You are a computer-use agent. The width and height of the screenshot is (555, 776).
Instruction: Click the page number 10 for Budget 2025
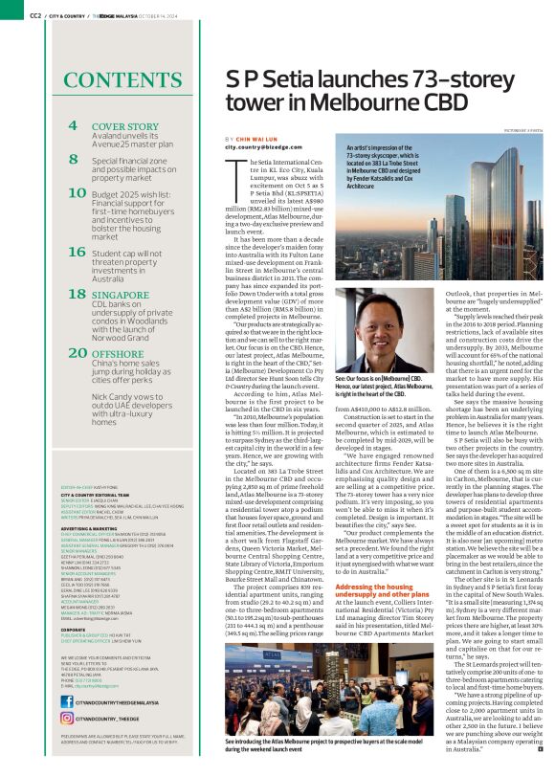[x=78, y=193]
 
